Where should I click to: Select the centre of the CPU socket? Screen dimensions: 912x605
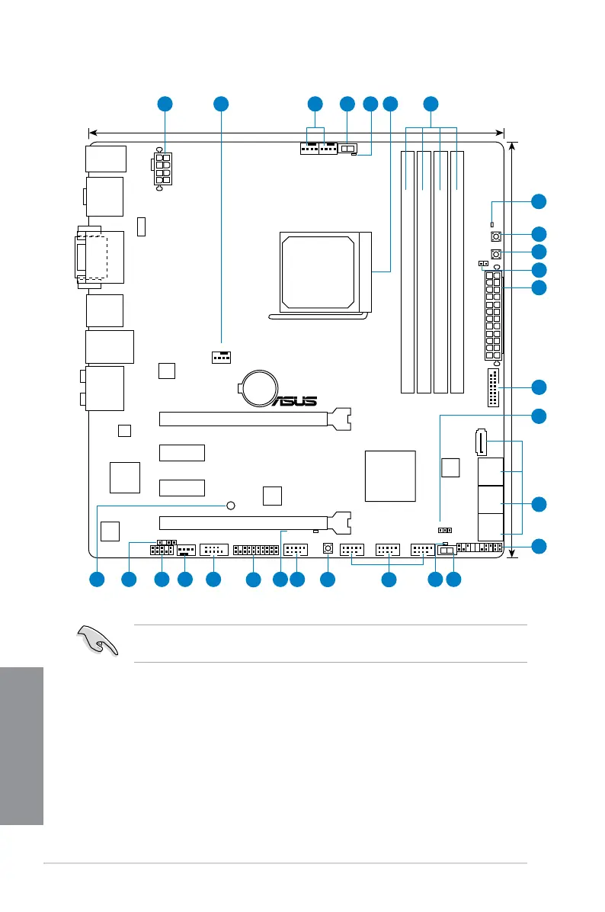pyautogui.click(x=317, y=271)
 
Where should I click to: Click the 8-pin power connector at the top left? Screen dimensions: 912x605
pyautogui.click(x=163, y=169)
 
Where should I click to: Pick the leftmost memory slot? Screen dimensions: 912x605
pyautogui.click(x=408, y=271)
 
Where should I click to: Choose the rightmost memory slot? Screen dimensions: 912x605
pyautogui.click(x=457, y=271)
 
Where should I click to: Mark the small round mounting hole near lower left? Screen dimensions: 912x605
pyautogui.click(x=232, y=505)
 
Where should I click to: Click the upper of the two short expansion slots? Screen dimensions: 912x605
pyautogui.click(x=182, y=452)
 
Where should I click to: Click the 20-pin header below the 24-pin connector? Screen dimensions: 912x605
pyautogui.click(x=492, y=389)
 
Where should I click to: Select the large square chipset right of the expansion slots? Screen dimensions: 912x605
pyautogui.click(x=391, y=476)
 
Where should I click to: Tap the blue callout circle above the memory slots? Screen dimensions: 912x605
pyautogui.click(x=431, y=104)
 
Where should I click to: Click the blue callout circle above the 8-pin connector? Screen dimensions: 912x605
pyautogui.click(x=165, y=104)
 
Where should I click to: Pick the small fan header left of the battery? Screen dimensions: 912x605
pyautogui.click(x=220, y=356)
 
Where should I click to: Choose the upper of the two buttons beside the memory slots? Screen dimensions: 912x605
pyautogui.click(x=496, y=236)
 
